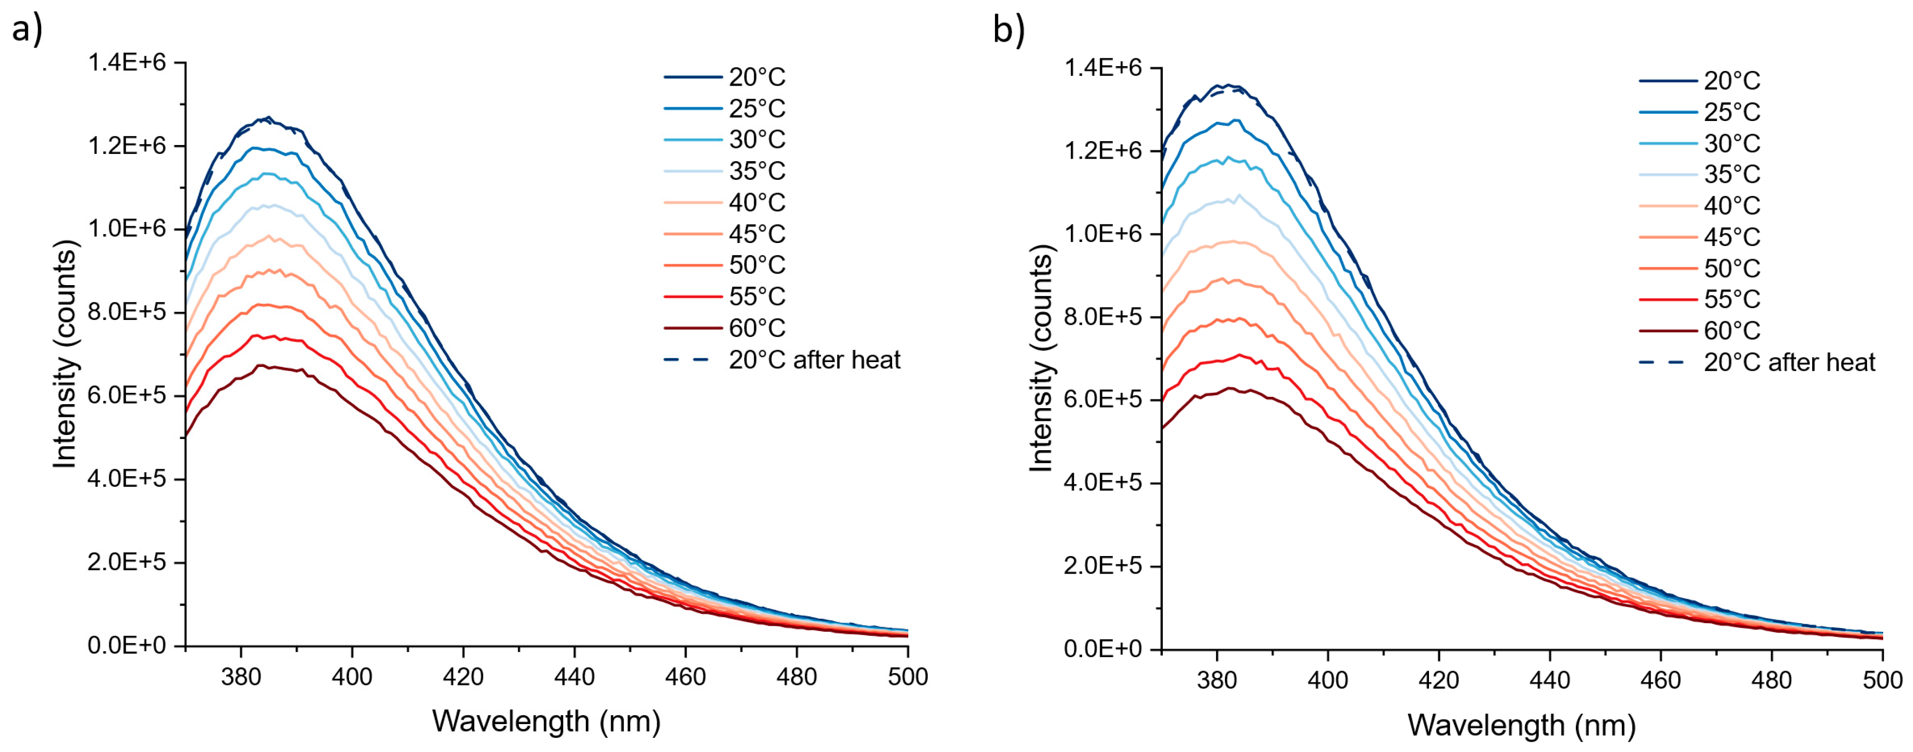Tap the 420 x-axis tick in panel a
(462, 677)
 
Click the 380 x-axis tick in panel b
(1217, 680)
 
